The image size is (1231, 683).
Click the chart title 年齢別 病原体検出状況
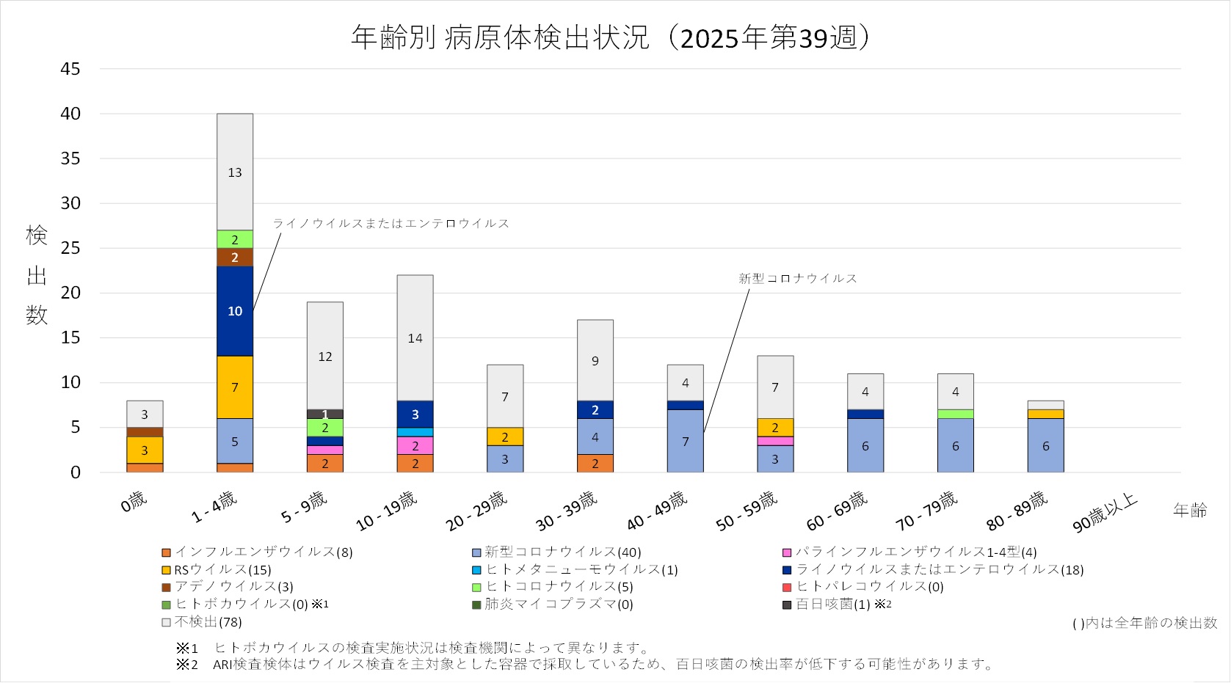[500, 37]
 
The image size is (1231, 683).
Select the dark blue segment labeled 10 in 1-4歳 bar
[235, 311]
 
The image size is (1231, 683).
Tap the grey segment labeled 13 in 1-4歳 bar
[235, 172]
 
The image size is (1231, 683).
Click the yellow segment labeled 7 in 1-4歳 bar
[235, 387]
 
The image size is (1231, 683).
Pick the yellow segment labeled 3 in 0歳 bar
[145, 450]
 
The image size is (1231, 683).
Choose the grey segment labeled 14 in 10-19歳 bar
[415, 338]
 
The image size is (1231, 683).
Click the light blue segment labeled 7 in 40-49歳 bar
[686, 441]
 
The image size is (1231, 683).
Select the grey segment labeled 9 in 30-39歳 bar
[595, 360]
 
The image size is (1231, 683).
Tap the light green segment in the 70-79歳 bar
[956, 414]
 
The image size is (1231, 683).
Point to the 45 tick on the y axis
[70, 69]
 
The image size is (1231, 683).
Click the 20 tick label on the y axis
[70, 293]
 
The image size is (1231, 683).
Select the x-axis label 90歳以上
[1105, 512]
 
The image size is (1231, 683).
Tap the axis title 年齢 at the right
[1190, 510]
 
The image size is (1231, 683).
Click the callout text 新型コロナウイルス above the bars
[798, 279]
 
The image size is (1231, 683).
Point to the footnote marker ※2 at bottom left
[187, 665]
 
